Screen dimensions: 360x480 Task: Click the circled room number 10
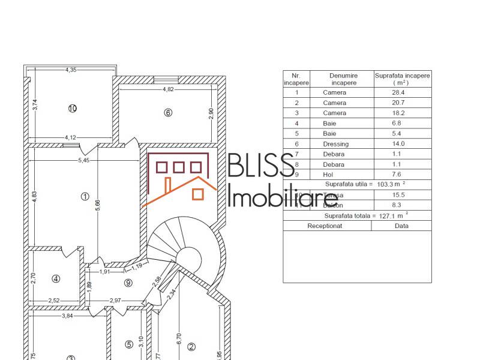(73, 109)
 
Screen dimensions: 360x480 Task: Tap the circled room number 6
(168, 112)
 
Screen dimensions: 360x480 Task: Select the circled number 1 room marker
(85, 196)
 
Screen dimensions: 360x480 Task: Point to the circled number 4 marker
(56, 278)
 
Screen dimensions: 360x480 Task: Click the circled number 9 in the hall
(128, 283)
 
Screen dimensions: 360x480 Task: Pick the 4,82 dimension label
(169, 89)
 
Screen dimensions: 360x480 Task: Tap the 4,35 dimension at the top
(71, 71)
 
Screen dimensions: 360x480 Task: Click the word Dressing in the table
(334, 143)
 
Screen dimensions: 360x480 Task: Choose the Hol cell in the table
(334, 174)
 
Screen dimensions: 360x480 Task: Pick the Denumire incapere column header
(343, 79)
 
